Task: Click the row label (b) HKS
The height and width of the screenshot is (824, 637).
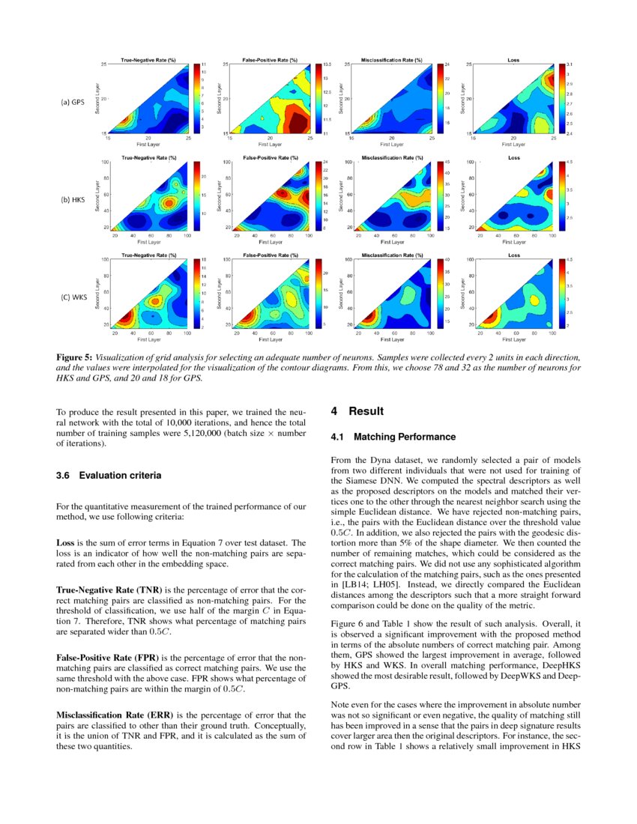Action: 73,200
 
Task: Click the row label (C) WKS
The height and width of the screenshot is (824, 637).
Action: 73,297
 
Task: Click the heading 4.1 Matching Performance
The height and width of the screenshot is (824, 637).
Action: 393,437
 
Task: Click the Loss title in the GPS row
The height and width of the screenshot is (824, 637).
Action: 513,60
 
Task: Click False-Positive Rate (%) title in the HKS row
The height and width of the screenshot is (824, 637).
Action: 271,157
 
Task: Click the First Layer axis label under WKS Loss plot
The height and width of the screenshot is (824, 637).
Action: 513,339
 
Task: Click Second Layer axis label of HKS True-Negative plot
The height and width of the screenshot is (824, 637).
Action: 97,195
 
